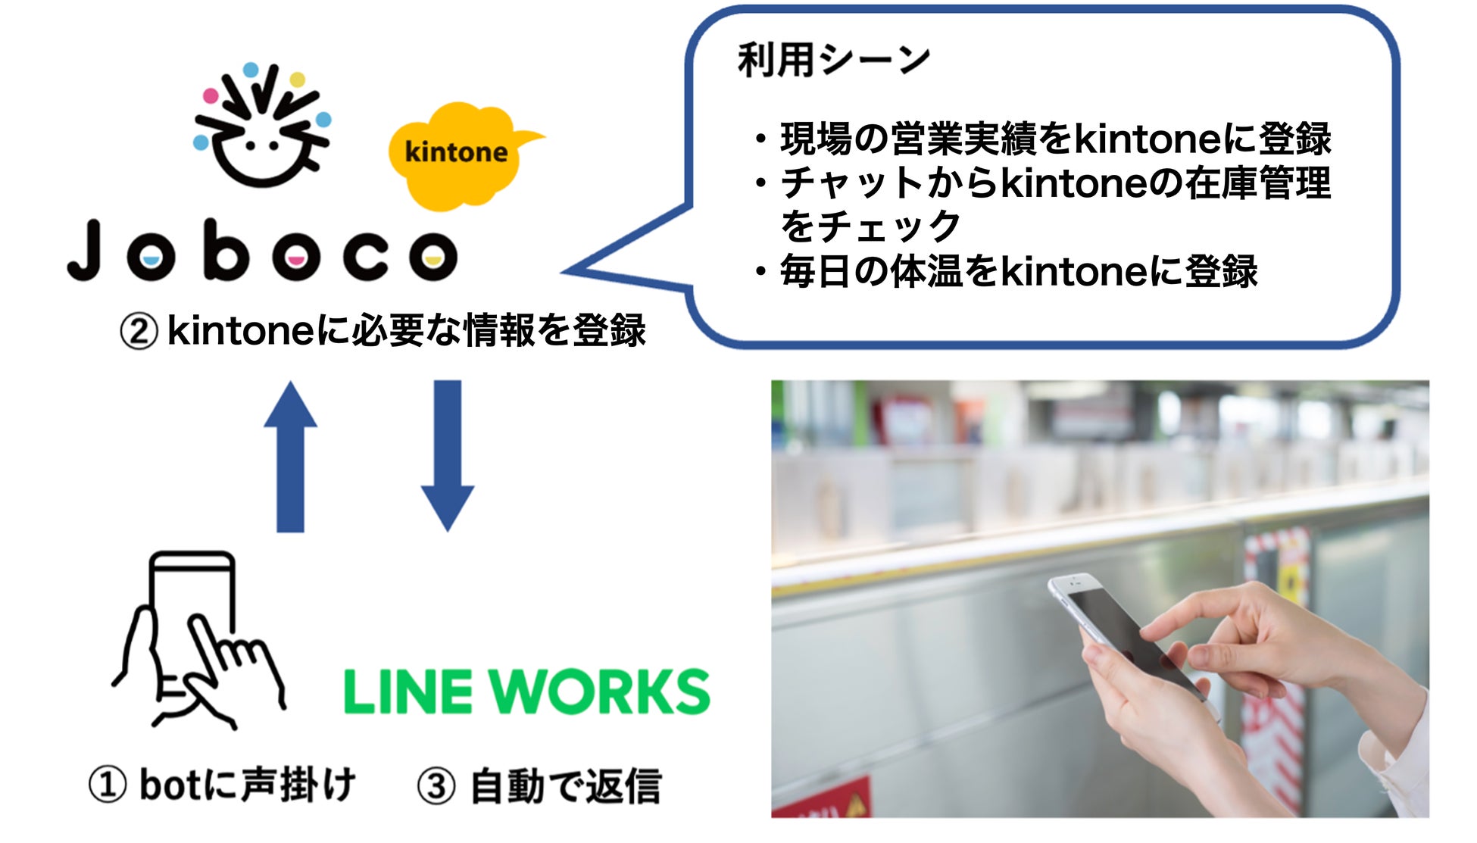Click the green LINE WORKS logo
pyautogui.click(x=526, y=692)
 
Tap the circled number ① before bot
pyautogui.click(x=107, y=785)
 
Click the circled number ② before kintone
pyautogui.click(x=139, y=332)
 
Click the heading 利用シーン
pyautogui.click(x=833, y=61)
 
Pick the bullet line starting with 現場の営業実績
pyautogui.click(x=1053, y=139)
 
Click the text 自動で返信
pyautogui.click(x=565, y=786)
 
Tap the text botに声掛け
pyautogui.click(x=247, y=785)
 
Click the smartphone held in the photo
pyautogui.click(x=1121, y=632)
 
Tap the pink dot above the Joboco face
pyautogui.click(x=211, y=96)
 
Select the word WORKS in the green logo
pyautogui.click(x=598, y=692)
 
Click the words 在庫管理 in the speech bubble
pyautogui.click(x=1257, y=183)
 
